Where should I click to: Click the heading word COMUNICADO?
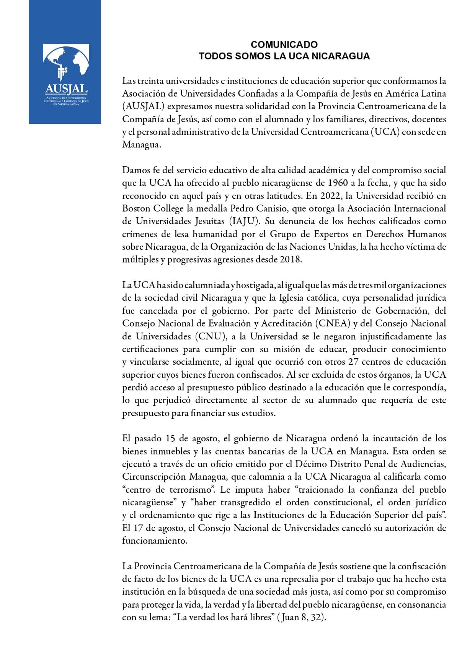(x=284, y=45)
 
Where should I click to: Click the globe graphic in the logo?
(x=66, y=61)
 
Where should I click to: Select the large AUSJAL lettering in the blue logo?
(x=66, y=89)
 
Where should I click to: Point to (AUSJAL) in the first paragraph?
(x=143, y=106)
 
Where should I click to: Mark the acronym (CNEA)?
(x=333, y=323)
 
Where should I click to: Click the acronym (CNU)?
(x=210, y=336)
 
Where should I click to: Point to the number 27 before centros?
(x=353, y=362)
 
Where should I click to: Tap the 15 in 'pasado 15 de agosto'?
(x=170, y=438)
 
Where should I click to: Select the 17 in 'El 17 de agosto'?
(x=138, y=528)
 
